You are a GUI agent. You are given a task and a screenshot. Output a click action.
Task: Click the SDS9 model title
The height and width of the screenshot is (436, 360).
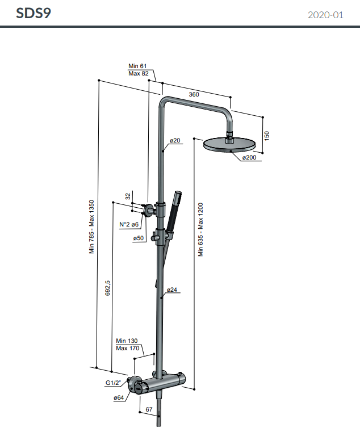(34, 13)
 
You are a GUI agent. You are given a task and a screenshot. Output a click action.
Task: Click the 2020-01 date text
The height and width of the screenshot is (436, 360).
(325, 15)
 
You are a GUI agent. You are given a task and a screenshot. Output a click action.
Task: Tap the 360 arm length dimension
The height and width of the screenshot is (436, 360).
(194, 94)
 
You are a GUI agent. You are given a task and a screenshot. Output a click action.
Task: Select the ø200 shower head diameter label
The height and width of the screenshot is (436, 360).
(250, 157)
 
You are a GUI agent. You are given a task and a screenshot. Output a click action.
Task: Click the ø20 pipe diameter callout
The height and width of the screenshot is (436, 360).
(175, 140)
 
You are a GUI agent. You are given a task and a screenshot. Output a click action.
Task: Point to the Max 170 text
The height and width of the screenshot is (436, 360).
(127, 348)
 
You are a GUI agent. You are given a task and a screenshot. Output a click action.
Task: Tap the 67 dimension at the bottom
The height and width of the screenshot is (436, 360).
(149, 409)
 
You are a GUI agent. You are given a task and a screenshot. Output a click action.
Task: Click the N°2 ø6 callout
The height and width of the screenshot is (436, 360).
(129, 225)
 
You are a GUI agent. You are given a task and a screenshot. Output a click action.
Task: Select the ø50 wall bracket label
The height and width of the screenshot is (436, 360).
(139, 238)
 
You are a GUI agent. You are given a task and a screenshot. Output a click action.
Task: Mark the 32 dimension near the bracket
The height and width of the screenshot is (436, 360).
(128, 196)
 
